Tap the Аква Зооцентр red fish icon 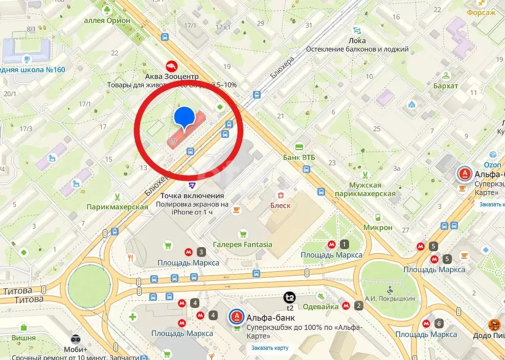(x=172, y=66)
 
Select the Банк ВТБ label (x=299, y=157)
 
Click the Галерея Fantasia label (x=242, y=244)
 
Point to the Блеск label (x=280, y=205)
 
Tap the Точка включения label (x=192, y=196)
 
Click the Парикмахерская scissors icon (x=118, y=196)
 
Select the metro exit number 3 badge (x=202, y=252)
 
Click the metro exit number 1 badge (x=345, y=244)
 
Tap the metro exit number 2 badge (x=359, y=306)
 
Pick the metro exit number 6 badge (x=439, y=323)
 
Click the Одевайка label (x=320, y=306)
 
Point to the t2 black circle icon (x=290, y=297)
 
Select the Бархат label (x=446, y=85)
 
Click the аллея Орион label (x=107, y=20)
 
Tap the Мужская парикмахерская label (x=365, y=189)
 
